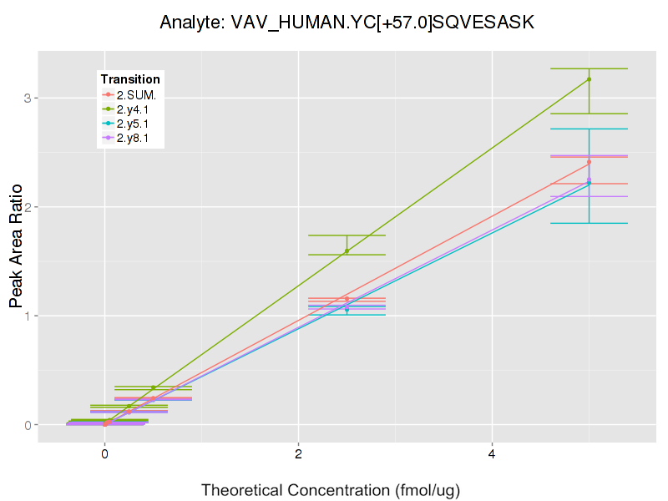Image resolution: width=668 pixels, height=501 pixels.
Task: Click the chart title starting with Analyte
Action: pos(347,23)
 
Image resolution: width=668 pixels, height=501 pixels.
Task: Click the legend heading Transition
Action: pos(130,78)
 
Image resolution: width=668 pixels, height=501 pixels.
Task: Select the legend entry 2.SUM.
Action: pos(136,94)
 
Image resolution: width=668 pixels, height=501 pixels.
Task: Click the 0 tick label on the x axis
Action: pos(105,455)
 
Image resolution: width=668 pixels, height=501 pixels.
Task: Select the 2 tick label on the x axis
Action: pos(298,455)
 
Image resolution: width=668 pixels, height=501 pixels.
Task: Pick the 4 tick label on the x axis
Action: pos(492,455)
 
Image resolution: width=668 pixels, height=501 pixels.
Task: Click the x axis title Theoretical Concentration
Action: pos(331,489)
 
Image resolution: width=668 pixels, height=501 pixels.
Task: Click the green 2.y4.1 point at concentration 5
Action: pos(589,79)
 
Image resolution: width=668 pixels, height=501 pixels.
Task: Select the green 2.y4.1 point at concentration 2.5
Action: pos(347,251)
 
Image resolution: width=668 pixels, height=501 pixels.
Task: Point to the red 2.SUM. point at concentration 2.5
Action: pos(347,299)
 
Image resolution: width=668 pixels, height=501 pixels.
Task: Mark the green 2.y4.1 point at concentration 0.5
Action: pos(153,387)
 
